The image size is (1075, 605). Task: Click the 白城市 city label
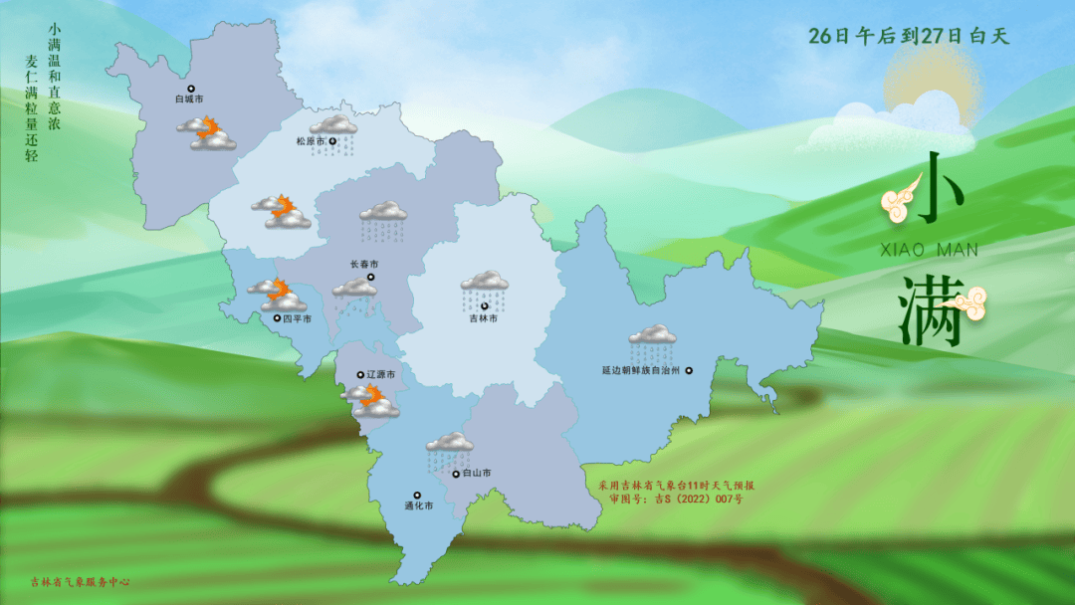[188, 100]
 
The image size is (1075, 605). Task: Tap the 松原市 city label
[312, 141]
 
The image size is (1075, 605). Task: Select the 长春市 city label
[363, 265]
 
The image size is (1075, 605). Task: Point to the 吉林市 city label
[483, 318]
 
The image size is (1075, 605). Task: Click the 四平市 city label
[297, 319]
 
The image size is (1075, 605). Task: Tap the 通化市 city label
[418, 505]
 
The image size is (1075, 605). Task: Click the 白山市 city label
[478, 474]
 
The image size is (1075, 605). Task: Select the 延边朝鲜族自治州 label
[640, 370]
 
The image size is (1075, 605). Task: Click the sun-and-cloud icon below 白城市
[207, 133]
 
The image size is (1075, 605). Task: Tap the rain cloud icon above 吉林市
[485, 286]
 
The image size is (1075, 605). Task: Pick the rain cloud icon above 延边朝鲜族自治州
[652, 340]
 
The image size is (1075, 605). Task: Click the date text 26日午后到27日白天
[909, 37]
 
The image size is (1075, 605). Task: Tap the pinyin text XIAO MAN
[931, 251]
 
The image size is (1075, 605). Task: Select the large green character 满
[931, 309]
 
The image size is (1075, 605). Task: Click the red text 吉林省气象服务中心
[81, 583]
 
